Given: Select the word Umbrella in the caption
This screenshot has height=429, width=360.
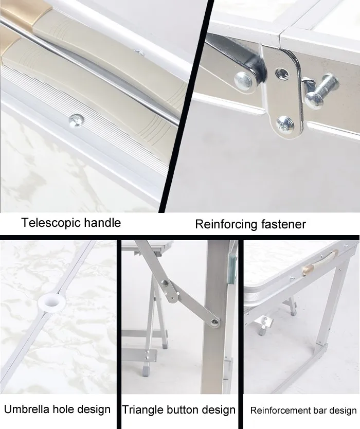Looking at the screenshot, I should [x=26, y=409].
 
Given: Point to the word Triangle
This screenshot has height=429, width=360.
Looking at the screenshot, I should [x=142, y=410].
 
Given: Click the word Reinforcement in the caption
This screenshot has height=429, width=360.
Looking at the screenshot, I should [x=280, y=410].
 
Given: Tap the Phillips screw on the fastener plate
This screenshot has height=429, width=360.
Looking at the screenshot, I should [x=285, y=124].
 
